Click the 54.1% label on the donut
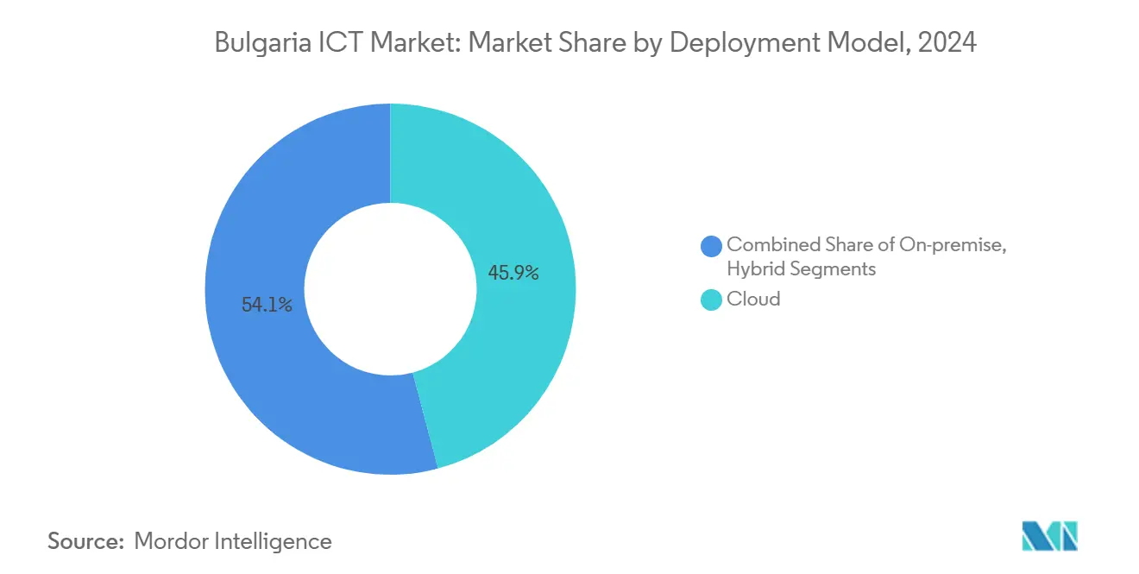click(x=267, y=305)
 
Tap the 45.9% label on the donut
click(x=513, y=273)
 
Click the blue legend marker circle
click(x=712, y=246)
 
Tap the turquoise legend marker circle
click(x=712, y=300)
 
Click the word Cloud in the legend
click(x=753, y=299)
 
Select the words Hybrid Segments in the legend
click(x=802, y=269)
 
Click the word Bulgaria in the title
click(x=256, y=42)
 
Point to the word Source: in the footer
click(x=86, y=541)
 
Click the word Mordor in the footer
click(x=173, y=541)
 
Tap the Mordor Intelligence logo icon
click(x=1048, y=536)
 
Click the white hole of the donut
click(x=390, y=289)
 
